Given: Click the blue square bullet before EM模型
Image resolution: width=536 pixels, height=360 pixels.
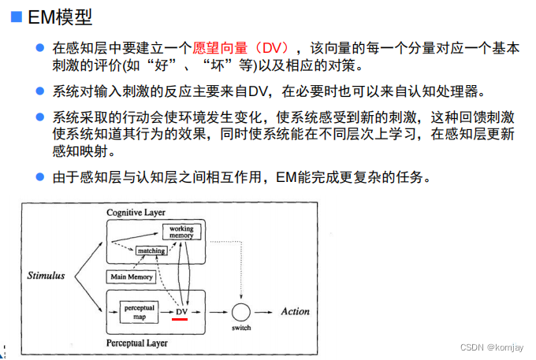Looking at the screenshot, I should [x=14, y=17].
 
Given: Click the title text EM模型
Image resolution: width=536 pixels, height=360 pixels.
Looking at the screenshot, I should [x=58, y=17].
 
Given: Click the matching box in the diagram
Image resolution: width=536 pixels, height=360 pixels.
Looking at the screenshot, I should [x=150, y=251].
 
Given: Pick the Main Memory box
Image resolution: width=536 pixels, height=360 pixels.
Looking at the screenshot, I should [x=131, y=277].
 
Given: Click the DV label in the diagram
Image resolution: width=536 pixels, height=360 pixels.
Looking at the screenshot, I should [x=181, y=312].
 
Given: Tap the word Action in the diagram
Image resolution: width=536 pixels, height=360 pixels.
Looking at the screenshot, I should [x=296, y=311].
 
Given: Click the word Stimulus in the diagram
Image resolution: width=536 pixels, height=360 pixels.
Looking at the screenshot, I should [x=46, y=276].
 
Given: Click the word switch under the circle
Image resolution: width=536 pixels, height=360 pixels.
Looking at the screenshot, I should [x=241, y=328].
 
